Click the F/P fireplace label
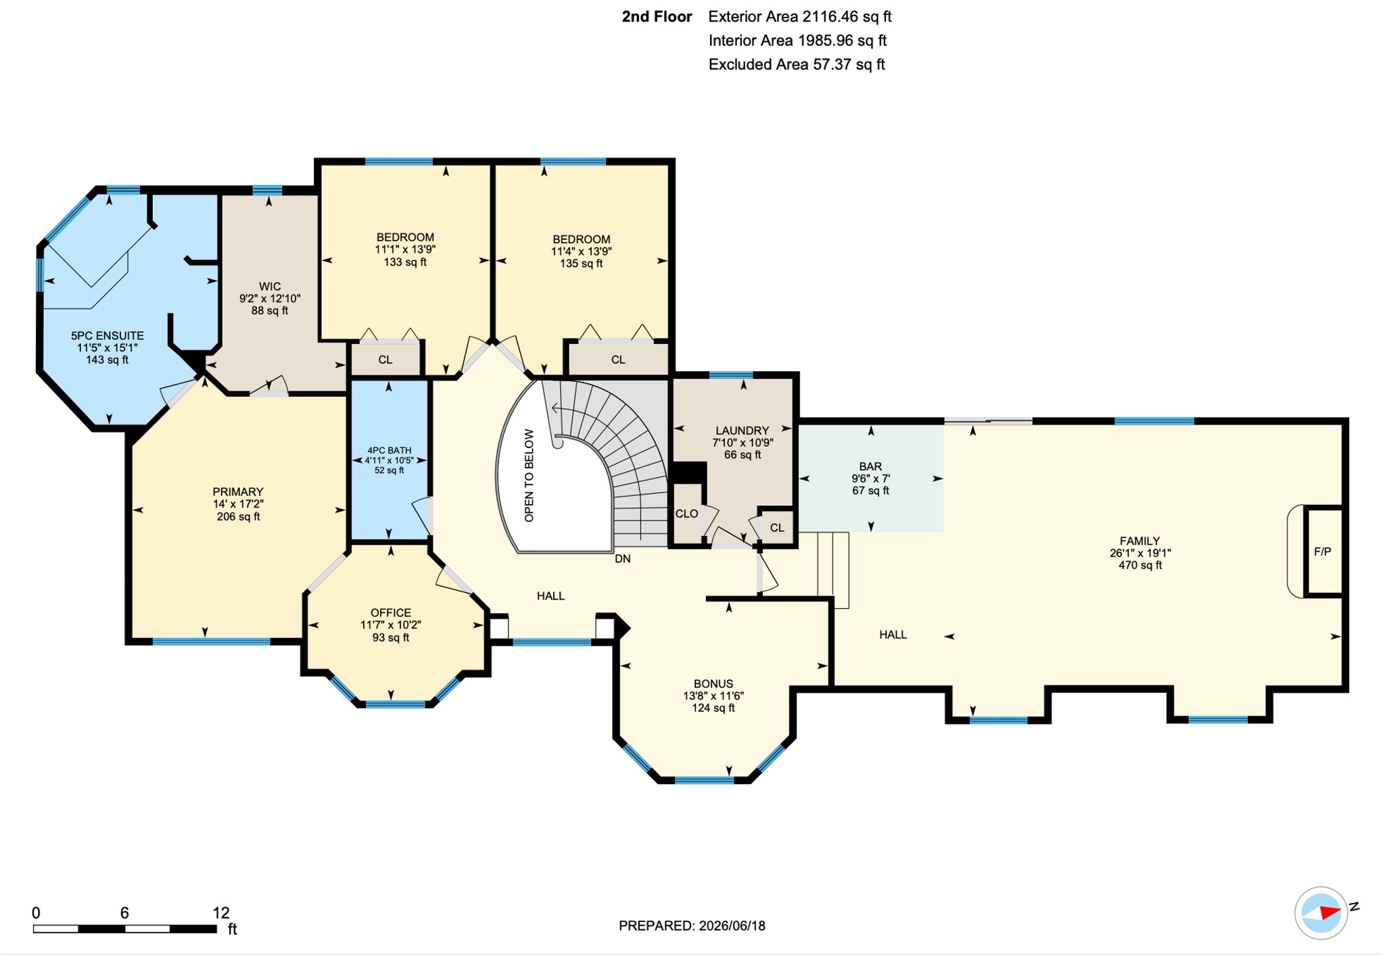pos(1323,552)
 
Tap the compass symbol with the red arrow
pos(1321,913)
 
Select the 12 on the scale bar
pos(221,913)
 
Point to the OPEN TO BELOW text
pos(529,476)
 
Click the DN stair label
pos(623,559)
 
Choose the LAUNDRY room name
pos(743,431)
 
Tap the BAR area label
pos(870,466)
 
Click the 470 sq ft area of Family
pos(1140,565)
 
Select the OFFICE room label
pos(391,613)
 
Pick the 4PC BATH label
pos(390,450)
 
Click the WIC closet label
pos(270,287)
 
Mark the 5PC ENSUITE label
pos(108,336)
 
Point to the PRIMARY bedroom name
pos(238,492)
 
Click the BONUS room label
pos(713,684)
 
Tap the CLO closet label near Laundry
pos(686,514)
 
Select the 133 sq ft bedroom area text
pos(405,262)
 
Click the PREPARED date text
pos(692,926)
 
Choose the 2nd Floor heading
pos(657,17)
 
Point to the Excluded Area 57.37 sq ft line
pos(797,64)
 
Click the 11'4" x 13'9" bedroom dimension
pos(582,251)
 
